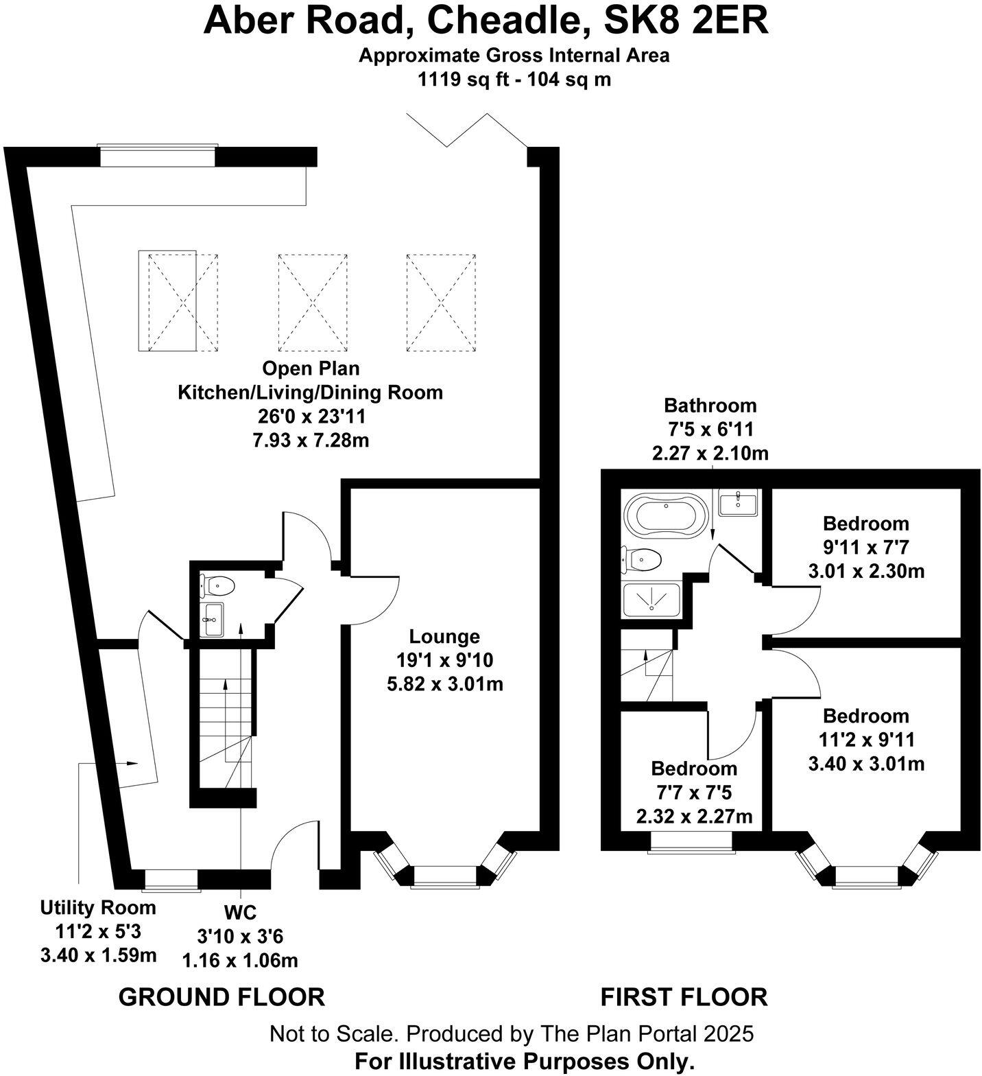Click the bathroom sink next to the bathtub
(x=738, y=503)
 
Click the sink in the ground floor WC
(x=212, y=619)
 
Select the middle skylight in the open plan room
(x=313, y=303)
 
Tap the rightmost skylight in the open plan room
(x=441, y=303)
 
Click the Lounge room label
(x=444, y=636)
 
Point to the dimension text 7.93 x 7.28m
(x=311, y=440)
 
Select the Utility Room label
(x=98, y=907)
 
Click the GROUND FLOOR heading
(x=221, y=996)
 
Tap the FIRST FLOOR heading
(x=684, y=996)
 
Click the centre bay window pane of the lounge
(x=444, y=876)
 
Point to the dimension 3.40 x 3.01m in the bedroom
(x=866, y=763)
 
